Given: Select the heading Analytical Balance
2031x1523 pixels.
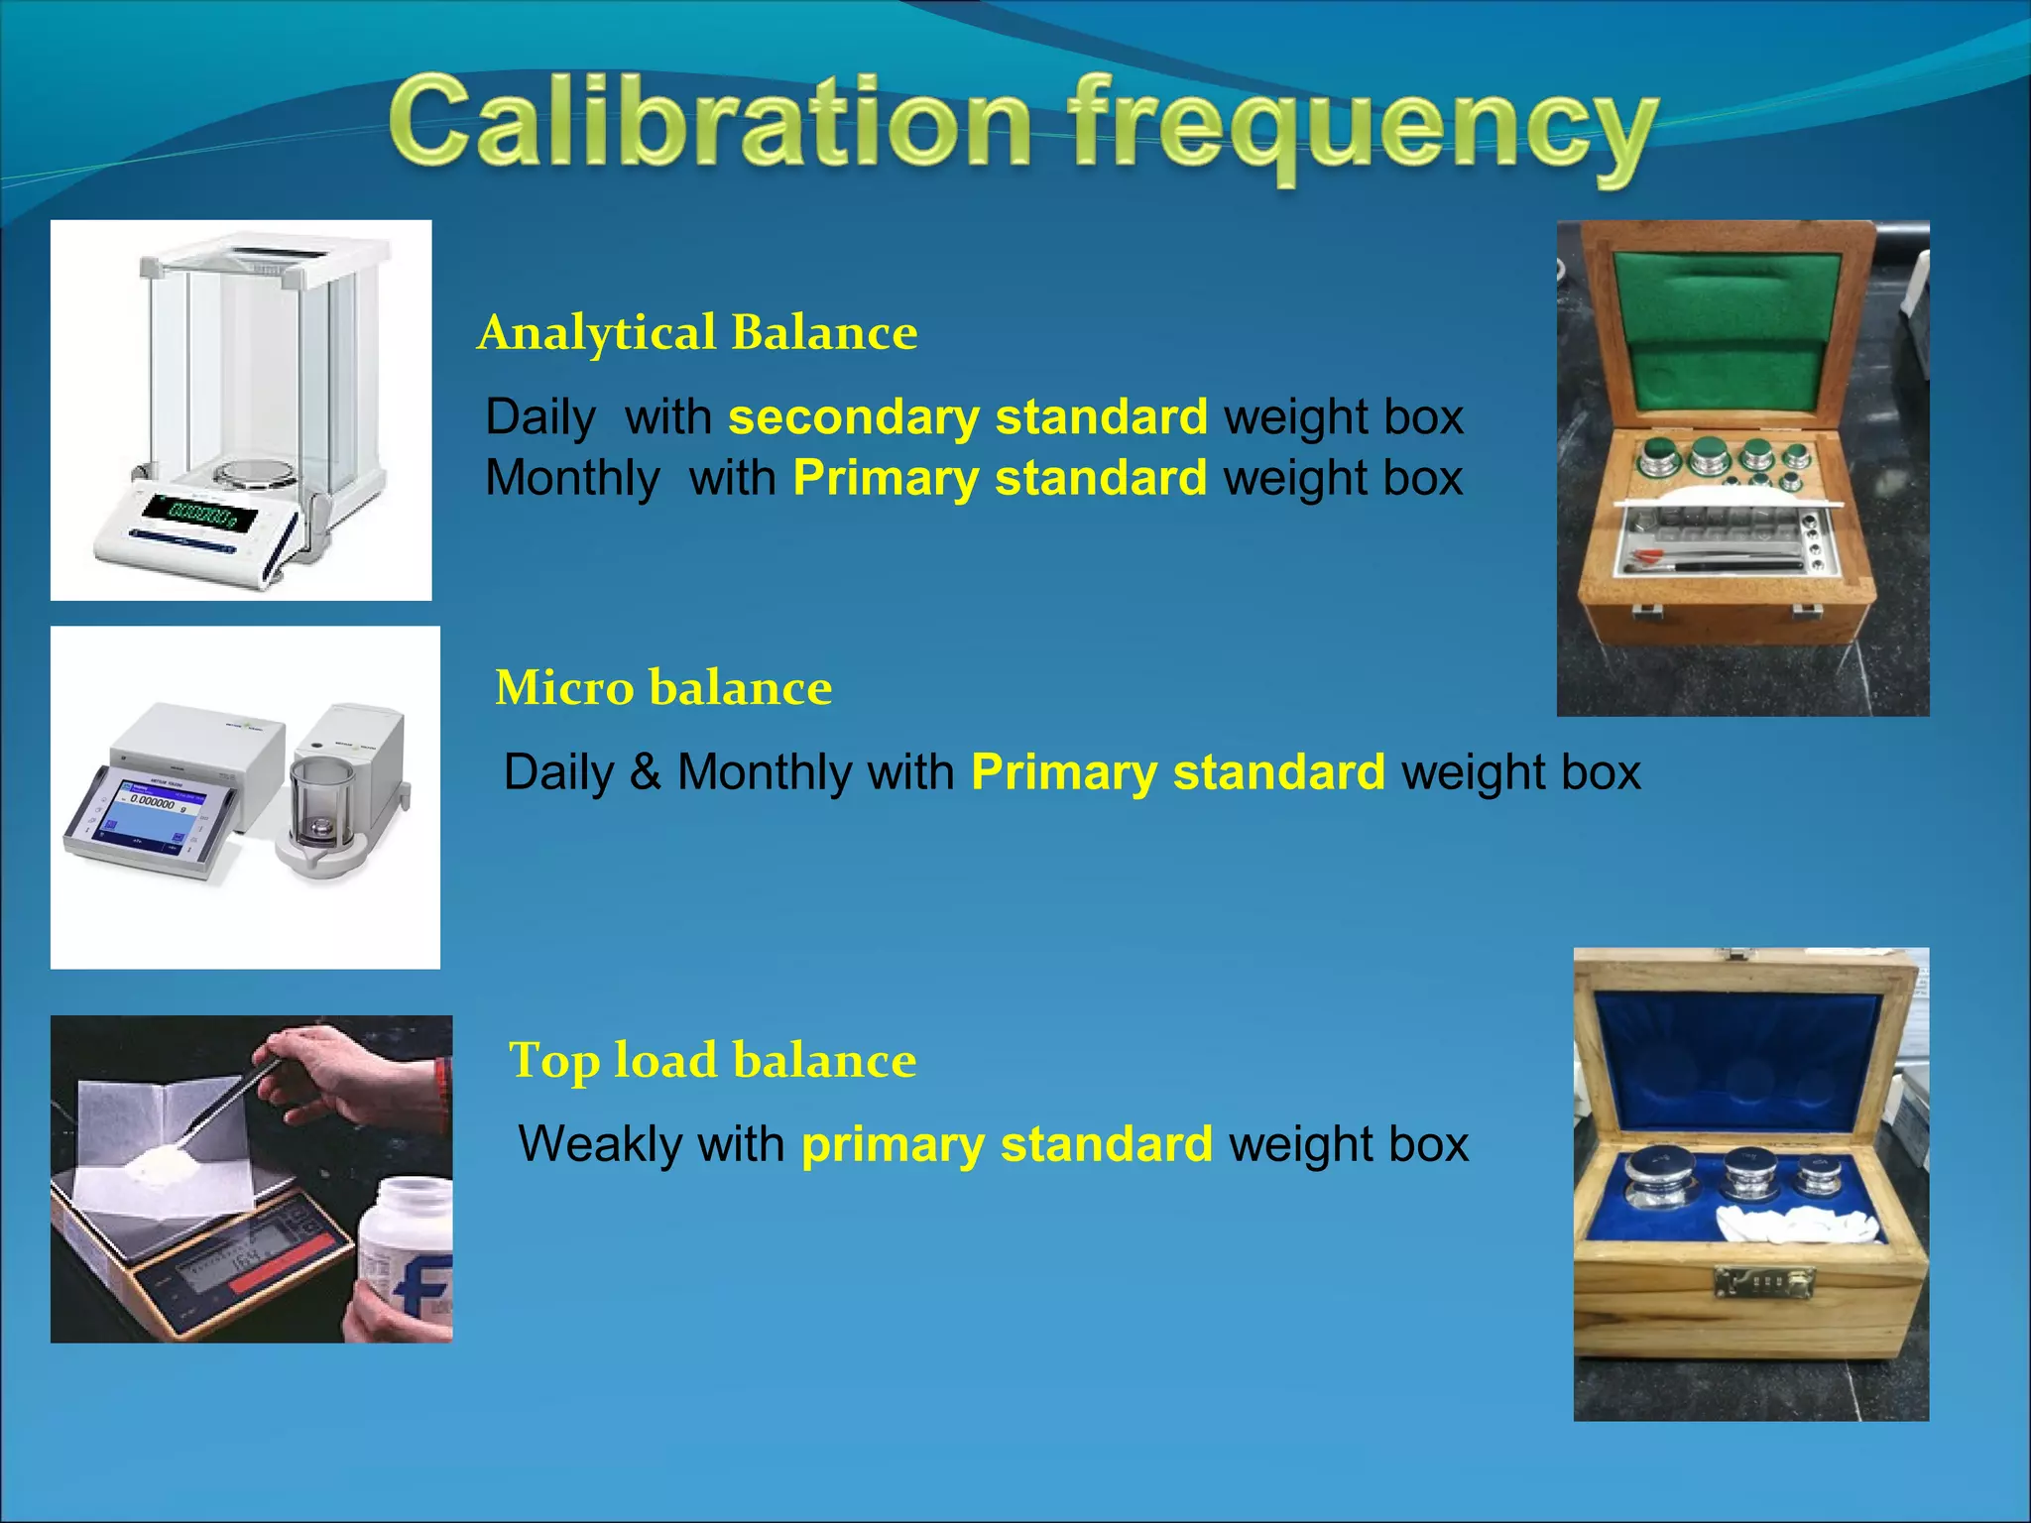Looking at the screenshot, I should tap(697, 332).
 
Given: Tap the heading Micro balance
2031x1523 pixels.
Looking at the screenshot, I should tap(663, 687).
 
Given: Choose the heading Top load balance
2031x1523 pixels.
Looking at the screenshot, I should tap(712, 1060).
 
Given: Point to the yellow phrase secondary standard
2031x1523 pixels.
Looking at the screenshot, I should tap(968, 416).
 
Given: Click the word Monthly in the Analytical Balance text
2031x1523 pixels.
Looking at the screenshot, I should tap(572, 478).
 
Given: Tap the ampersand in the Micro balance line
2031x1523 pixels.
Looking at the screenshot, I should tap(645, 771).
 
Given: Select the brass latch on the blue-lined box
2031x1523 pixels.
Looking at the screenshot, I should tap(1764, 1284).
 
